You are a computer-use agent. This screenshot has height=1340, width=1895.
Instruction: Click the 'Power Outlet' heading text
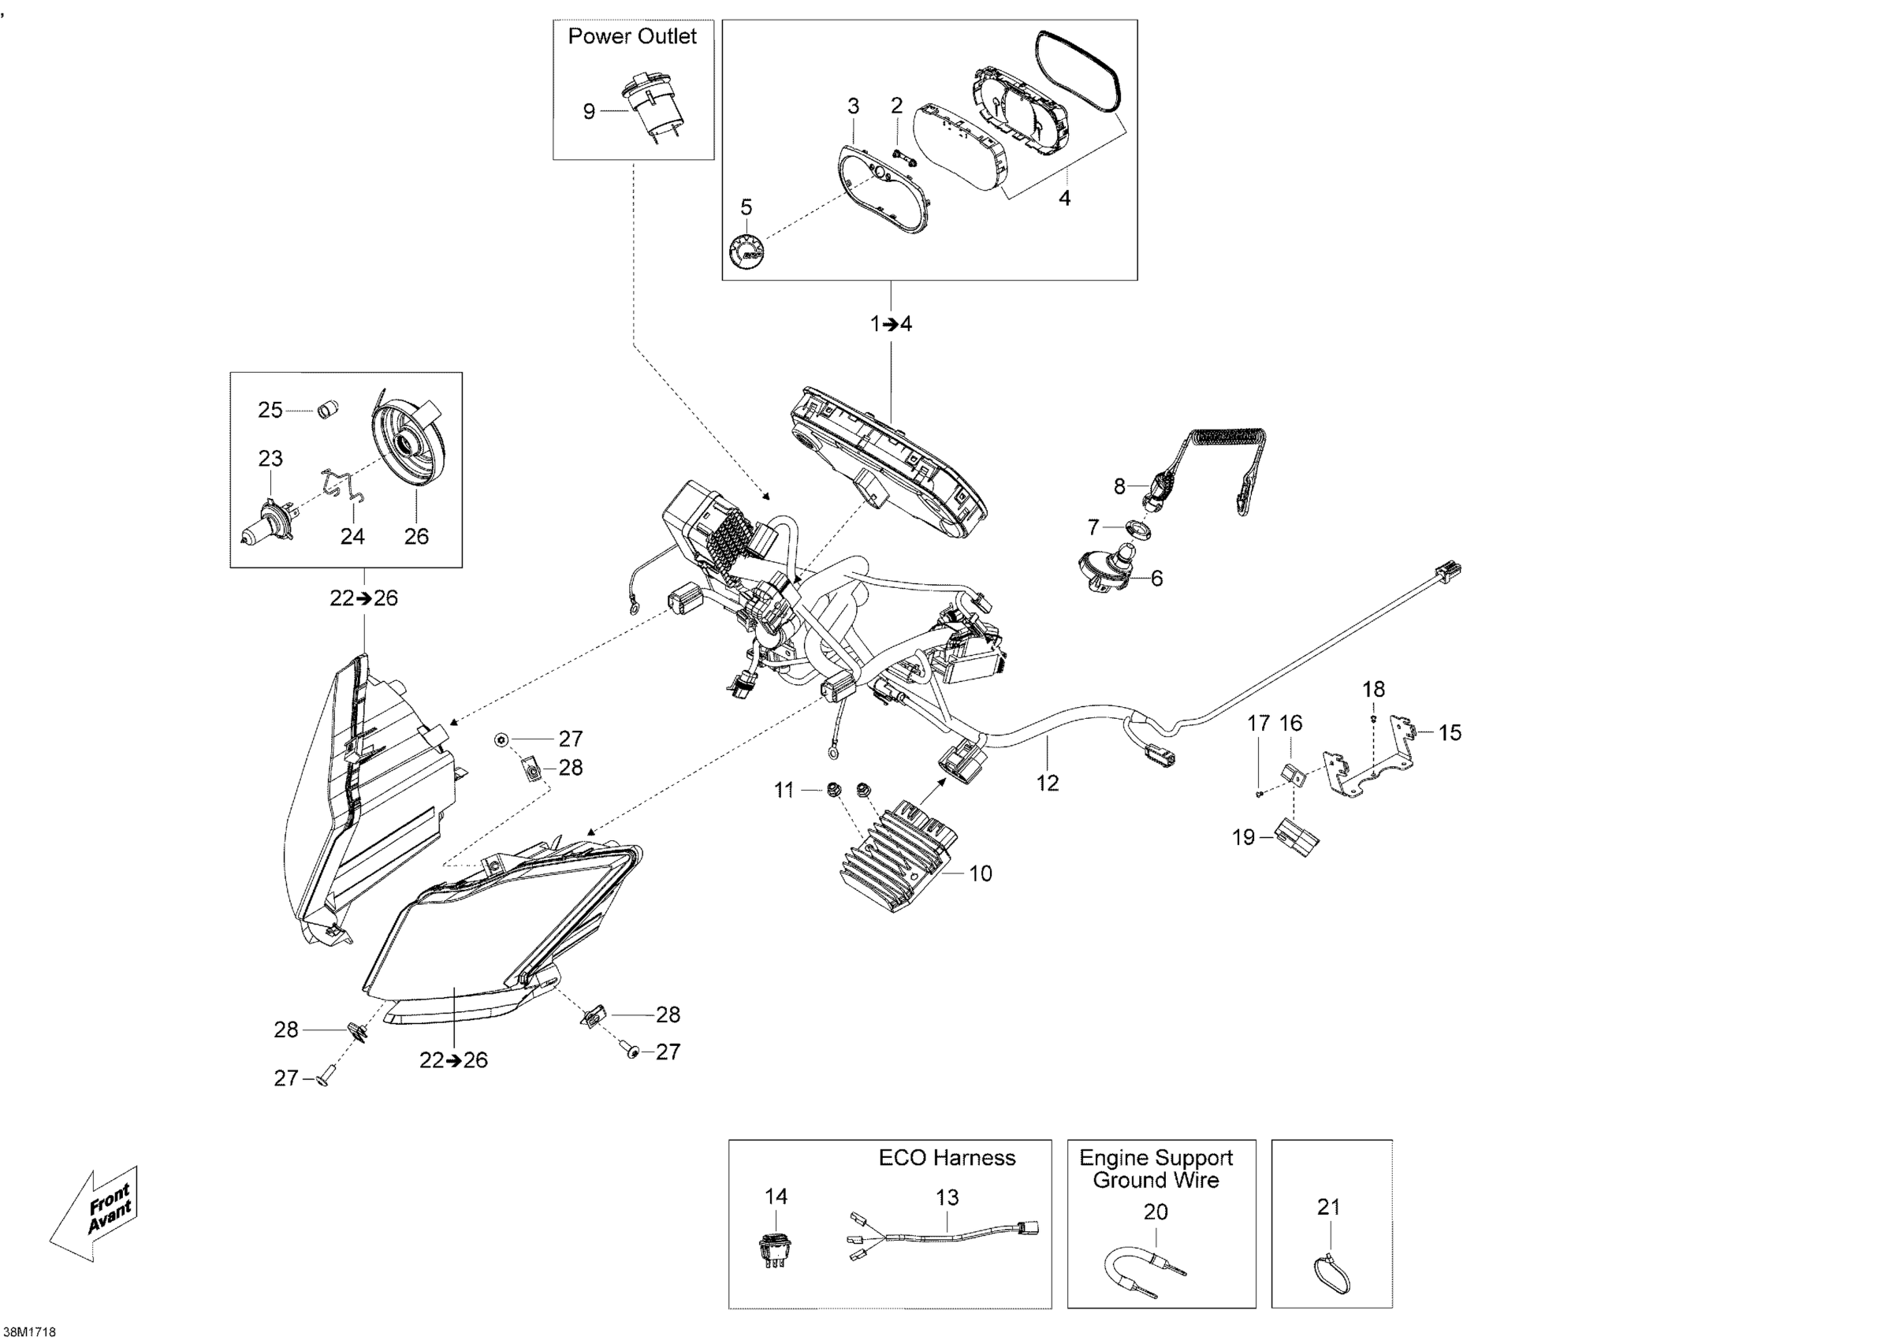(x=632, y=36)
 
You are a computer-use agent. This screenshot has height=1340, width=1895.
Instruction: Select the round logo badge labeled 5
(x=746, y=250)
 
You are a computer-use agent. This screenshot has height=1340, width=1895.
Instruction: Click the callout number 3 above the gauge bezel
(x=853, y=106)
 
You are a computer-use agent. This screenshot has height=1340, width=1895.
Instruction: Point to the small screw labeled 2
(x=902, y=156)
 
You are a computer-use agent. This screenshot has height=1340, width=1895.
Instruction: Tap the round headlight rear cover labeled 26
(x=407, y=452)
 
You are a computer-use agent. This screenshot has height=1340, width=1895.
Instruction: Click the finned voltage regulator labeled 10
(x=895, y=854)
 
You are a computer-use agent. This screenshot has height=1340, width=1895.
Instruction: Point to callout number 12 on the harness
(x=1048, y=782)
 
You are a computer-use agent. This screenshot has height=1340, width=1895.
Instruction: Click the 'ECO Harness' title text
(x=946, y=1158)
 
